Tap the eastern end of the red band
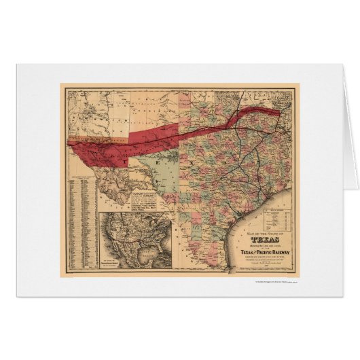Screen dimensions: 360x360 pos(275,110)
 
